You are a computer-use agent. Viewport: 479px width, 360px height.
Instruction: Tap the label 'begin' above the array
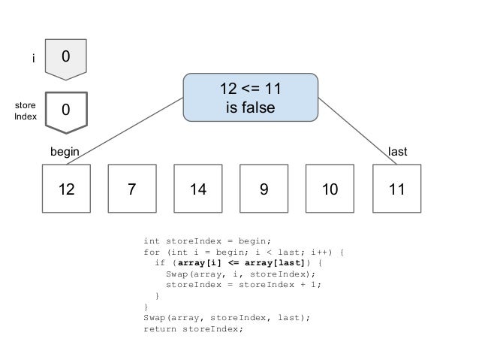[65, 152]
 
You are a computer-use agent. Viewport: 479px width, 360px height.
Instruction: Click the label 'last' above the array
[397, 152]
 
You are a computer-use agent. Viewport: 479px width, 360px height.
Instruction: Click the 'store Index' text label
[26, 112]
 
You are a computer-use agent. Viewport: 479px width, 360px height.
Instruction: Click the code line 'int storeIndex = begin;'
[200, 241]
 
